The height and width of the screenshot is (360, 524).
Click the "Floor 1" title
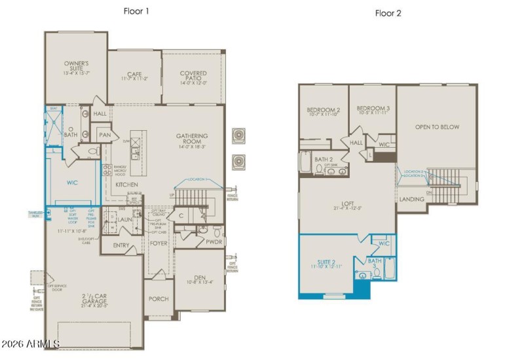point(137,11)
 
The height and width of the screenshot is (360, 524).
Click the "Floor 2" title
point(387,12)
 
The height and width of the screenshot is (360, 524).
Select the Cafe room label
point(135,75)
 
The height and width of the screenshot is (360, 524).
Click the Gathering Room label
point(191,139)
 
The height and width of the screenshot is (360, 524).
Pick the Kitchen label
point(126,185)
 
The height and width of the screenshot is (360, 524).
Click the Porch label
point(159,299)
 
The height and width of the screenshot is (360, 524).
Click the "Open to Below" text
point(437,127)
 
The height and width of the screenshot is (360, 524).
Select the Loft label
point(347,204)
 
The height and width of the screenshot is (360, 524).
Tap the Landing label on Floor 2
point(411,199)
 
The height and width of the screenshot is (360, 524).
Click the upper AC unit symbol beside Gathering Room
point(238,135)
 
